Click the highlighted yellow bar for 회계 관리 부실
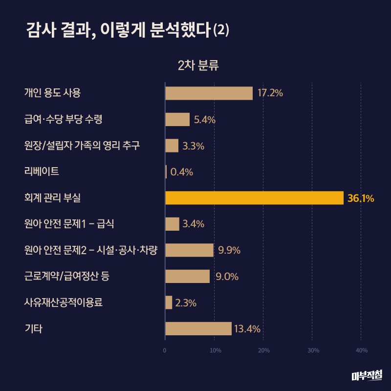click(x=254, y=198)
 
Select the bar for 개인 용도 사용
click(x=209, y=93)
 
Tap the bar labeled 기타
click(x=198, y=328)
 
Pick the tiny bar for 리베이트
click(x=166, y=172)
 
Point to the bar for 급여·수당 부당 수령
click(x=177, y=119)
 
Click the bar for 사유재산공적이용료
click(x=169, y=303)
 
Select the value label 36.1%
click(x=361, y=198)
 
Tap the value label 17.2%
click(x=270, y=93)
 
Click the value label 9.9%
click(x=229, y=250)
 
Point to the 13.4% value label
click(x=247, y=328)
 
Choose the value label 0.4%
click(x=182, y=172)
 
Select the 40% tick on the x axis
click(x=362, y=350)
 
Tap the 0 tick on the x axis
click(x=165, y=350)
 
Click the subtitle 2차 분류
click(x=198, y=66)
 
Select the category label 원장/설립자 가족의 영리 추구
click(x=82, y=146)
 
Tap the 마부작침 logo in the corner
click(x=367, y=375)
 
